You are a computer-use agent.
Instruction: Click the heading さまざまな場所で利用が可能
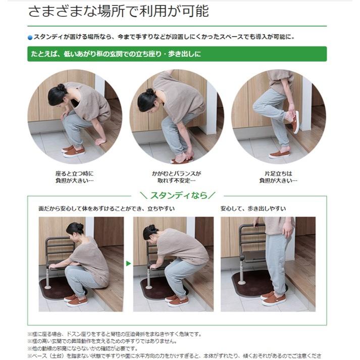click(118, 11)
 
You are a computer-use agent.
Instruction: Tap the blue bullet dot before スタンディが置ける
click(30, 37)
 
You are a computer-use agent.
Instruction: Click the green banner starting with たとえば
click(177, 54)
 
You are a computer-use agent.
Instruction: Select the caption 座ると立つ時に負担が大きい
click(74, 177)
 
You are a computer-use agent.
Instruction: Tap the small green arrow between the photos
click(128, 263)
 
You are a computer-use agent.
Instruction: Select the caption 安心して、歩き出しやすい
click(253, 209)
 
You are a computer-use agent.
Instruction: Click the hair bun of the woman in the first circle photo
click(61, 88)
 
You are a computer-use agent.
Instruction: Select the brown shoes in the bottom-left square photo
click(75, 300)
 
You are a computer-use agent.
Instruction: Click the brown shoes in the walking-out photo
click(273, 298)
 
